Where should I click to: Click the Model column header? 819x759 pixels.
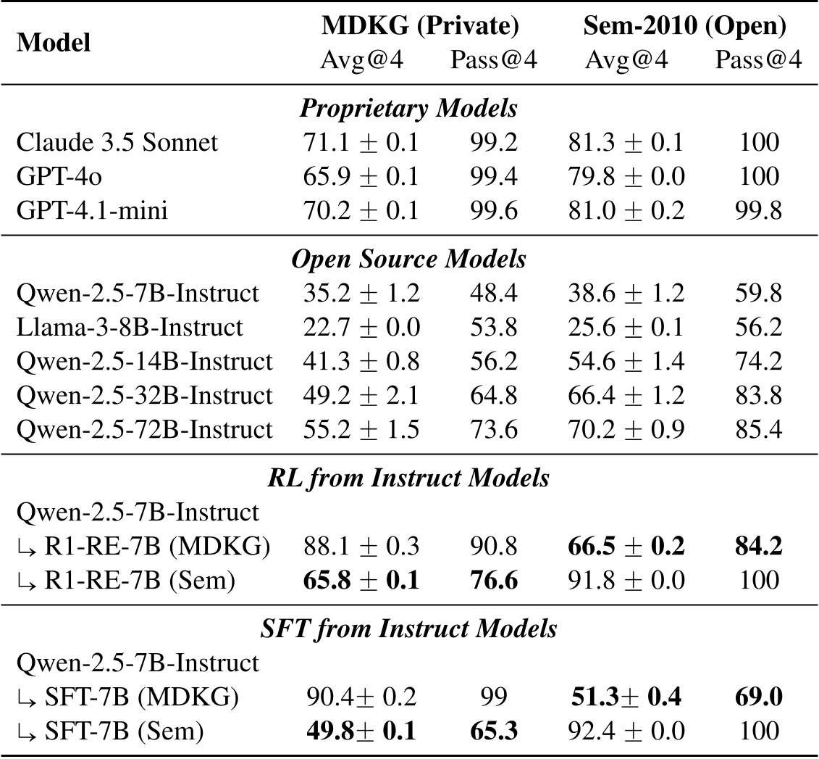point(54,43)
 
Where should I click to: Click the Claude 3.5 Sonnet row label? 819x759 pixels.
point(117,142)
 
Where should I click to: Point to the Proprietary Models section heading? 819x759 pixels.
point(409,109)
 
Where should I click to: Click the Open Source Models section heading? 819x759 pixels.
point(409,259)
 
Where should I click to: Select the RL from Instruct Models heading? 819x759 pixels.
point(409,478)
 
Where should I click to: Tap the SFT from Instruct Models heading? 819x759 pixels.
point(409,628)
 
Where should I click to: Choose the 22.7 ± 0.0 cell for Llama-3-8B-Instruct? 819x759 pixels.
point(361,328)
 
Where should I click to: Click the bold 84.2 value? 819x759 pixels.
point(758,547)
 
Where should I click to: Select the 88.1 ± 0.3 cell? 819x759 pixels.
point(361,547)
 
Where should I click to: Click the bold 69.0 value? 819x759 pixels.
point(758,697)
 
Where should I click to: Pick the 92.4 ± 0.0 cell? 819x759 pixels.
point(626,731)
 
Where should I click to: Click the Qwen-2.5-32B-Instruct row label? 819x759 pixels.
point(144,396)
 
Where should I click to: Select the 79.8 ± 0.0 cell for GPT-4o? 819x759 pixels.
point(626,177)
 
